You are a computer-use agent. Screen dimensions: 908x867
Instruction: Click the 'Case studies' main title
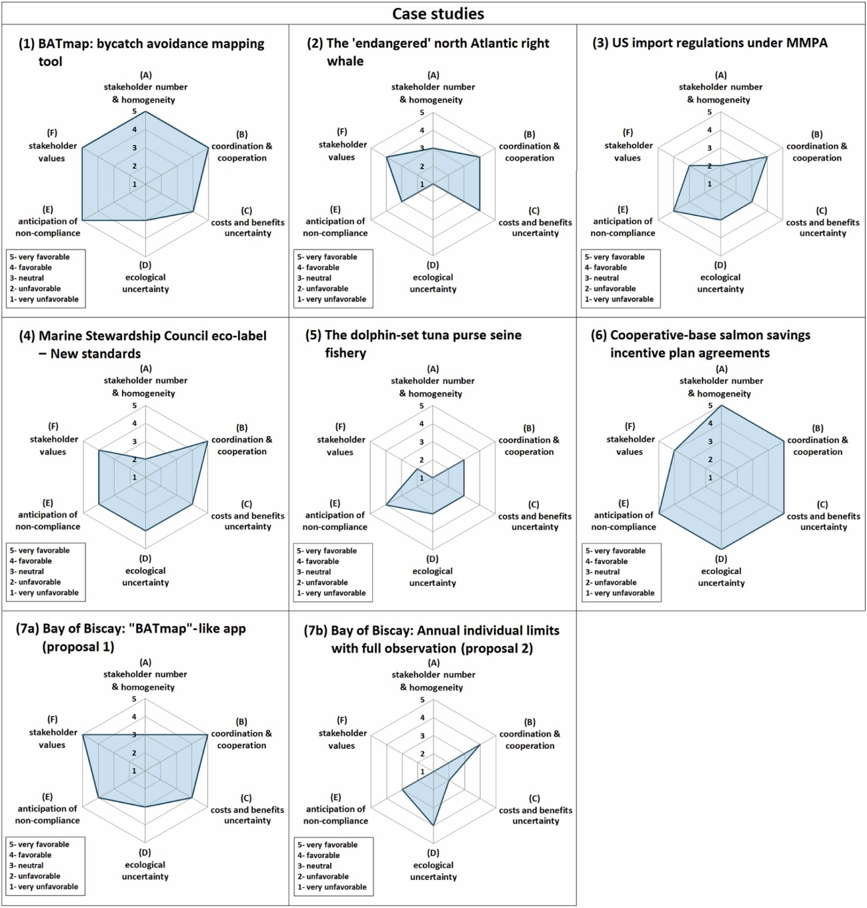coord(438,13)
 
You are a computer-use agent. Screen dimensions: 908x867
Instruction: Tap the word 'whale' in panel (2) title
coord(345,61)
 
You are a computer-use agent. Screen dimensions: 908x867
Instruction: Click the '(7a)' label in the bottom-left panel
coord(27,629)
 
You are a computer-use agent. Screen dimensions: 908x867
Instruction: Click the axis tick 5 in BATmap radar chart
coord(134,112)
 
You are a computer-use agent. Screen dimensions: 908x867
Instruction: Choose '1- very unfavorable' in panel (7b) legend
coord(331,887)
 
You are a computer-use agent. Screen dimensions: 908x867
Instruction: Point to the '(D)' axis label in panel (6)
coord(721,559)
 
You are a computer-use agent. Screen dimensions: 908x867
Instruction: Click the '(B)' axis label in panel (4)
coord(241,428)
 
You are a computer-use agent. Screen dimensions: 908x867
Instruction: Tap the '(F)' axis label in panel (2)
coord(341,132)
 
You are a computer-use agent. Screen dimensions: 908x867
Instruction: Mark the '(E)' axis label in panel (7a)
coord(47,797)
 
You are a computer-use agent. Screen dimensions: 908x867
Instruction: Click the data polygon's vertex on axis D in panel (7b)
coord(433,825)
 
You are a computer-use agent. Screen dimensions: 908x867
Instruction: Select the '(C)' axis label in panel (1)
coord(247,211)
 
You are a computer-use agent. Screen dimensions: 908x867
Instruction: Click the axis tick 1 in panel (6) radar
coord(710,478)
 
